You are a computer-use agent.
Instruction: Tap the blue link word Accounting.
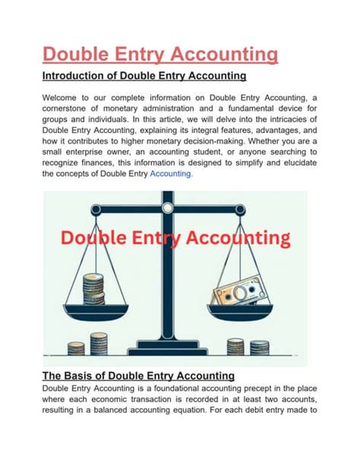171,173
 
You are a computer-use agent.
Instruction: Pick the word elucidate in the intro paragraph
284,162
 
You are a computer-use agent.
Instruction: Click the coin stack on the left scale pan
93,289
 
